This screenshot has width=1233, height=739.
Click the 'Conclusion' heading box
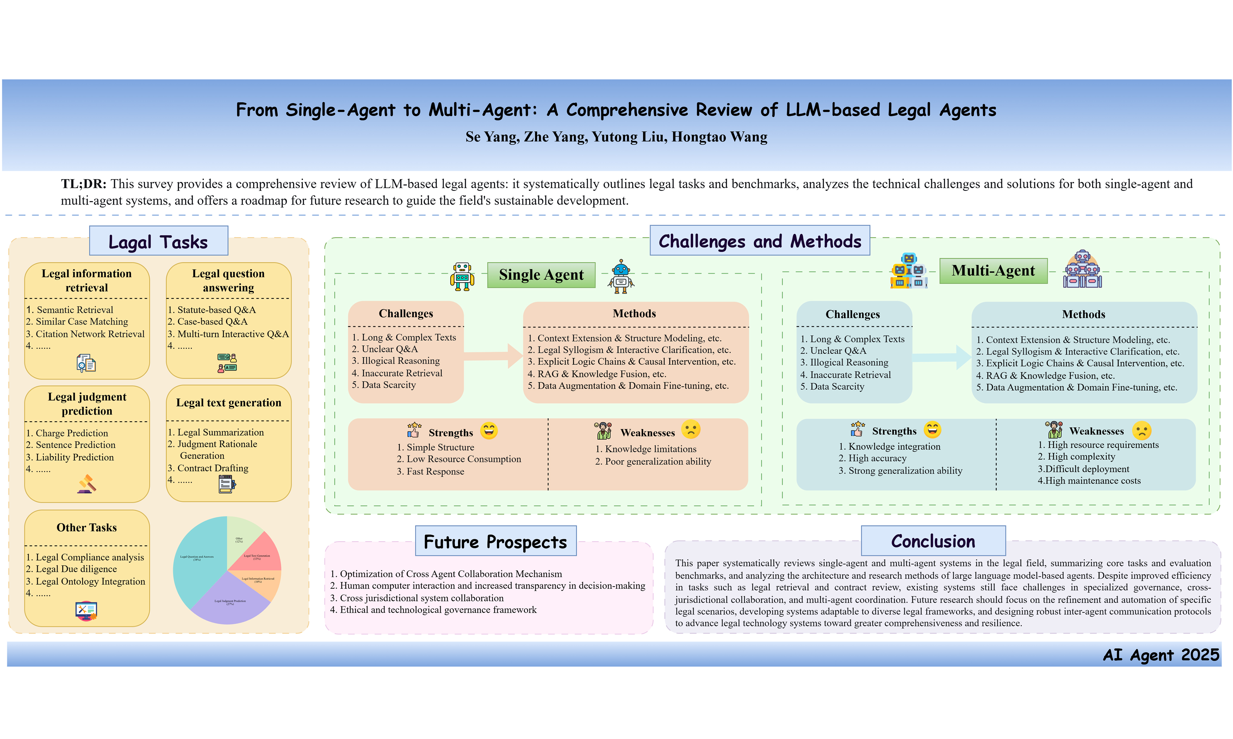click(933, 541)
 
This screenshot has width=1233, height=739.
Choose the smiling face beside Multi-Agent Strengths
click(932, 430)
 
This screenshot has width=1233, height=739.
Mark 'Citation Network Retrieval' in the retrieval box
click(90, 334)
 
